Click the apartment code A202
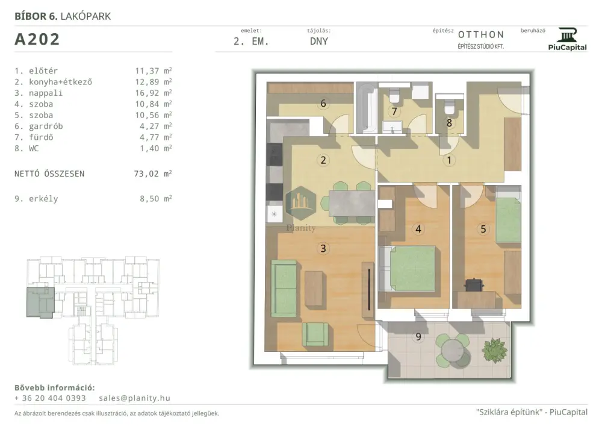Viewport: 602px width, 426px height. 37,39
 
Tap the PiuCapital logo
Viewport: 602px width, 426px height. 567,39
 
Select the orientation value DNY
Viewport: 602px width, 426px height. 319,42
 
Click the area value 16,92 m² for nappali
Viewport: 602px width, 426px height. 153,93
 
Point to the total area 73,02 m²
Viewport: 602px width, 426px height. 153,174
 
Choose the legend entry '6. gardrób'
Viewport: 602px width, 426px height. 39,127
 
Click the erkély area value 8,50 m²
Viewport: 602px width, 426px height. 155,199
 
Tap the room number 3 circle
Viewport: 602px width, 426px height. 323,248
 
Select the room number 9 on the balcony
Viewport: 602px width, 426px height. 418,337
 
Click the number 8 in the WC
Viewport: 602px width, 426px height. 449,123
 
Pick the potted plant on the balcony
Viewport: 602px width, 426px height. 495,350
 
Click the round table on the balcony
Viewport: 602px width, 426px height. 453,351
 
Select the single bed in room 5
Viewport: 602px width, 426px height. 508,215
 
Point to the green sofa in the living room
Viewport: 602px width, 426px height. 284,288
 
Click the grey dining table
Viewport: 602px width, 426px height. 352,204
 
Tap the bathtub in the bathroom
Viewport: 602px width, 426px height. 366,107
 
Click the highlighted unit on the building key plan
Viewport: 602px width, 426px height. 40,302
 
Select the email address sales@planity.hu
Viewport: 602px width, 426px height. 134,398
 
